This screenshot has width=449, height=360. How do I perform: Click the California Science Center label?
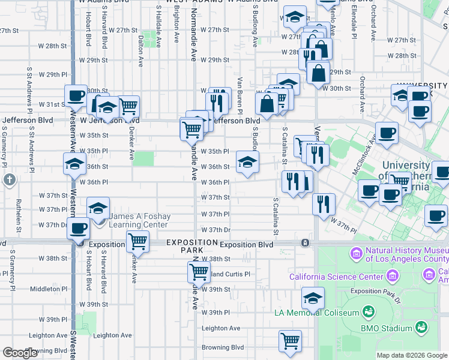coord(336,277)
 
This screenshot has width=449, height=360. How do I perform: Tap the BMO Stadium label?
coord(386,328)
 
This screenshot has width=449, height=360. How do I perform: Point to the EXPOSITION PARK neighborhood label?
coord(191,246)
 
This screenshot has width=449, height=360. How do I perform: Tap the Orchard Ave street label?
coord(363,94)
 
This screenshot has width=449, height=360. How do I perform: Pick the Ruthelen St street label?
coord(19,217)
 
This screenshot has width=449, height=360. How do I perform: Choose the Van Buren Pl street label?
coord(239,95)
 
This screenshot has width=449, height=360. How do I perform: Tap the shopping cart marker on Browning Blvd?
coord(290,341)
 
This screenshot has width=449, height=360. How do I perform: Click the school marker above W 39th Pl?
coord(313,298)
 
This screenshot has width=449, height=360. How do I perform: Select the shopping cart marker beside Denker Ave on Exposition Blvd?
coord(137,241)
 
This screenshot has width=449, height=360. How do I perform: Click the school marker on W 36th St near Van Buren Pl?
coord(247,161)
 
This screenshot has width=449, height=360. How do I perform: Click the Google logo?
coord(20,353)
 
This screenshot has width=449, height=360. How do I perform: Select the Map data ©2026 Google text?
coord(411,355)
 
